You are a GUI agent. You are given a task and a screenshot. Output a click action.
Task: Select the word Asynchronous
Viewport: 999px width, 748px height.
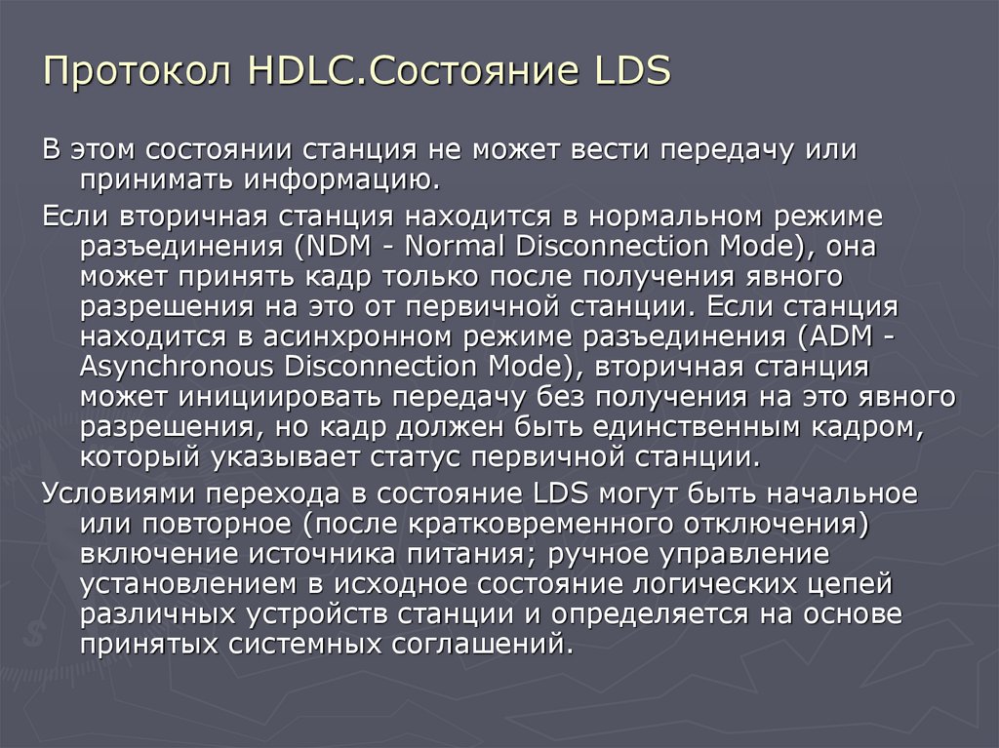click(x=173, y=368)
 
